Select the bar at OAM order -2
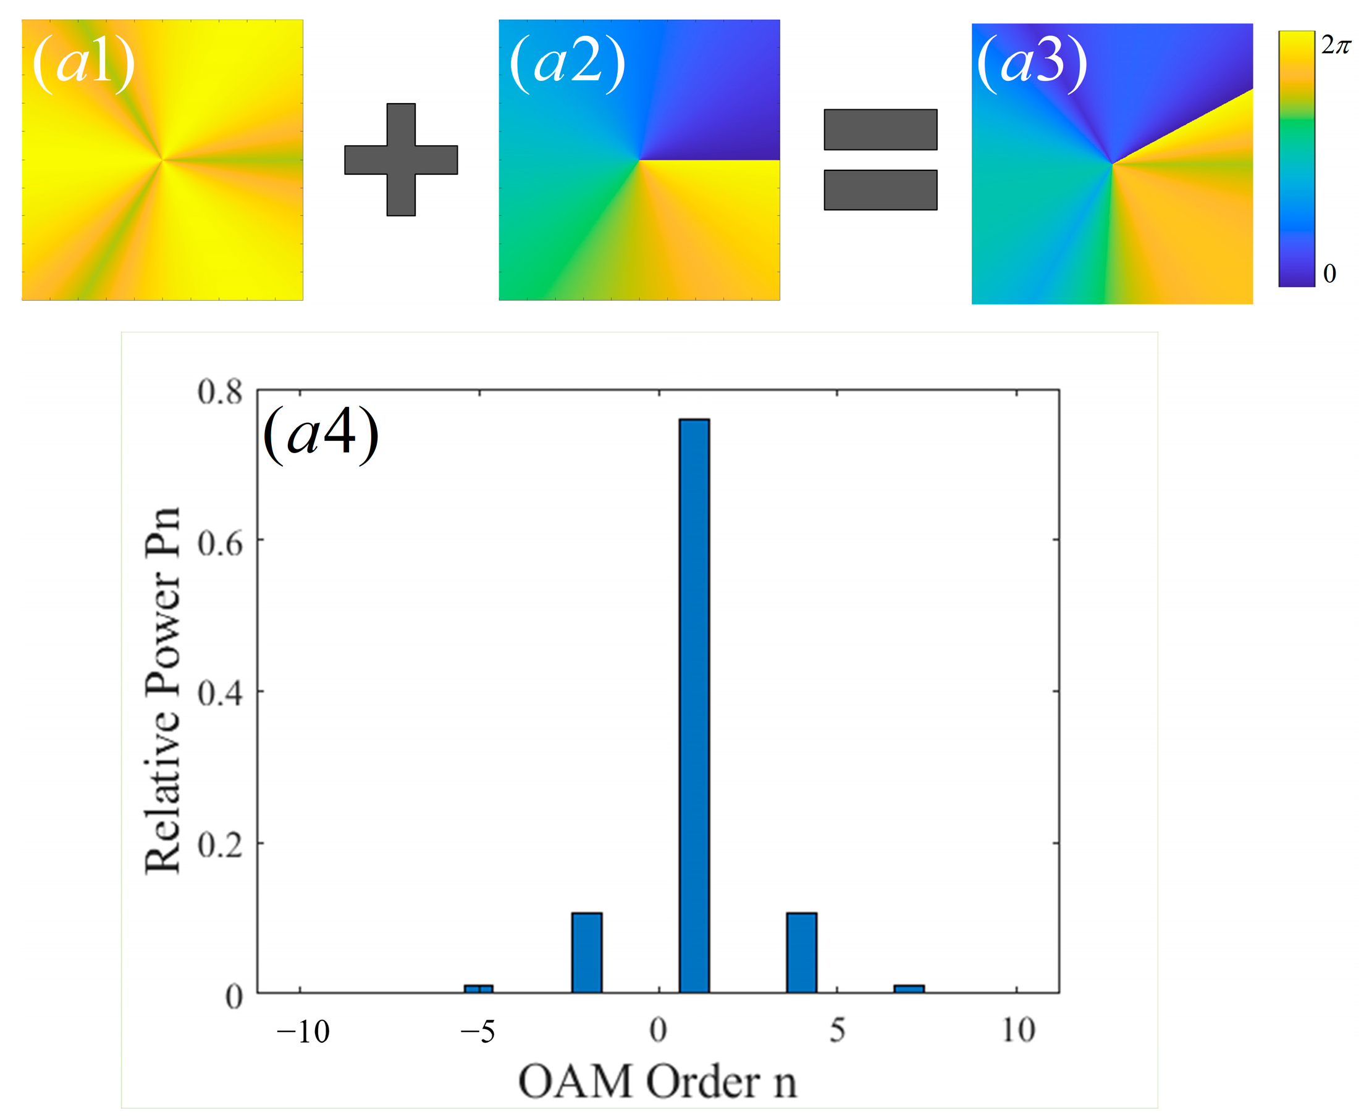586,953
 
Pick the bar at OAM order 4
801,953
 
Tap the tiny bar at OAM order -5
479,988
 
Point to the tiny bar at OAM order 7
909,988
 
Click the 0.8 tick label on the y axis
220,392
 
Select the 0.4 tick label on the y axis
220,694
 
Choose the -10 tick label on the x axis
302,1032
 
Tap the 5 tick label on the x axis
837,1030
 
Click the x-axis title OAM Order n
657,1082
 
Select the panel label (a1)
84,64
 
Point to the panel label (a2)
567,64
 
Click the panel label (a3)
1032,64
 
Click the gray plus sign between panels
401,160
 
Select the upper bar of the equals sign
880,130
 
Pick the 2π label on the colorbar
1336,45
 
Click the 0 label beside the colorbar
1329,273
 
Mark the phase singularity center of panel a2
639,160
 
